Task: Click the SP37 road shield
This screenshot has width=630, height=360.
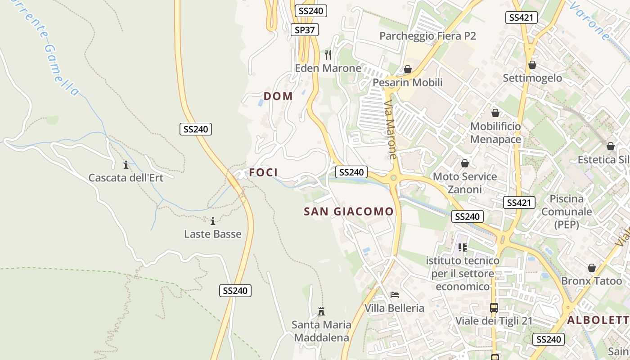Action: click(x=304, y=30)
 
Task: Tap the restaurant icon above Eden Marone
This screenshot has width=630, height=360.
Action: click(x=328, y=55)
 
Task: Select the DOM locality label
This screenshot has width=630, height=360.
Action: click(x=278, y=96)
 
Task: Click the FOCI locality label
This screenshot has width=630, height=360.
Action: click(x=263, y=172)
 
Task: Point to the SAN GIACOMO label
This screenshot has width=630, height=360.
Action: click(x=349, y=211)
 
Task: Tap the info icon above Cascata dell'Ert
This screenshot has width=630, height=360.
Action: click(x=126, y=165)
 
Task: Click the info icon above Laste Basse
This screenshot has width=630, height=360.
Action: click(x=213, y=221)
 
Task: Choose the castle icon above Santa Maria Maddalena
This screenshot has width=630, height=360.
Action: click(x=321, y=311)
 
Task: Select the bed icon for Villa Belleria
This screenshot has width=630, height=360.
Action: click(x=395, y=295)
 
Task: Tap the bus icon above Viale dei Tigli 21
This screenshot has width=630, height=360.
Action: click(x=494, y=308)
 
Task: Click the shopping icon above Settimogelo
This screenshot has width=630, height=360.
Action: click(x=532, y=65)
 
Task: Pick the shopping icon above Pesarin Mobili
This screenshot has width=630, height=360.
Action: click(x=408, y=69)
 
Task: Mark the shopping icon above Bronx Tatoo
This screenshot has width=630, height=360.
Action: click(x=591, y=268)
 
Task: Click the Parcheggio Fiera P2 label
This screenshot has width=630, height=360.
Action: click(x=427, y=36)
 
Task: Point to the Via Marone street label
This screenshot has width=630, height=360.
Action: click(x=391, y=130)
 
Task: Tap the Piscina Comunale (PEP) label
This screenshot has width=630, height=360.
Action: click(x=567, y=211)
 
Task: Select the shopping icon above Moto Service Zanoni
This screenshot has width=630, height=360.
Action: click(x=465, y=163)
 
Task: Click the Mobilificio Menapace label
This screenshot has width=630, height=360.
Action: click(x=495, y=133)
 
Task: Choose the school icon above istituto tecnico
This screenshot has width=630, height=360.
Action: click(x=463, y=247)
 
